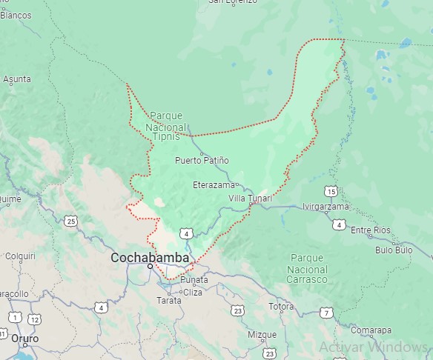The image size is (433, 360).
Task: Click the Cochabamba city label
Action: click(x=149, y=258)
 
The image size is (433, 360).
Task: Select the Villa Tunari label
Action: click(x=250, y=199)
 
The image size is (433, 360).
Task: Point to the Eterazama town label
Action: click(x=214, y=184)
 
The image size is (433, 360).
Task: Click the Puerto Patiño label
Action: click(x=202, y=160)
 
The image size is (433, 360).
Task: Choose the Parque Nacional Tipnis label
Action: click(x=166, y=125)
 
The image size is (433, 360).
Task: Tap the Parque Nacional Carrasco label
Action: click(x=307, y=268)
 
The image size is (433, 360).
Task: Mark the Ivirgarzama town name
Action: click(x=325, y=207)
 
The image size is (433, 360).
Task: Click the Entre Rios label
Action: click(x=370, y=230)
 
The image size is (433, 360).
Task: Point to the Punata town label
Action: click(x=194, y=280)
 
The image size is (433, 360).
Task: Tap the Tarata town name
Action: click(x=168, y=300)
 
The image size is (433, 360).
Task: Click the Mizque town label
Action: click(x=262, y=334)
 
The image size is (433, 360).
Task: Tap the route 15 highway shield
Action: click(x=331, y=192)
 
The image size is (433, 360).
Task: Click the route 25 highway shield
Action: click(x=70, y=221)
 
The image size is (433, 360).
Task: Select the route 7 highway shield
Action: click(x=326, y=313)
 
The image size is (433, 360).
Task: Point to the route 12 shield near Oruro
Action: click(x=34, y=319)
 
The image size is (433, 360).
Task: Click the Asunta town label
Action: click(x=17, y=78)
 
